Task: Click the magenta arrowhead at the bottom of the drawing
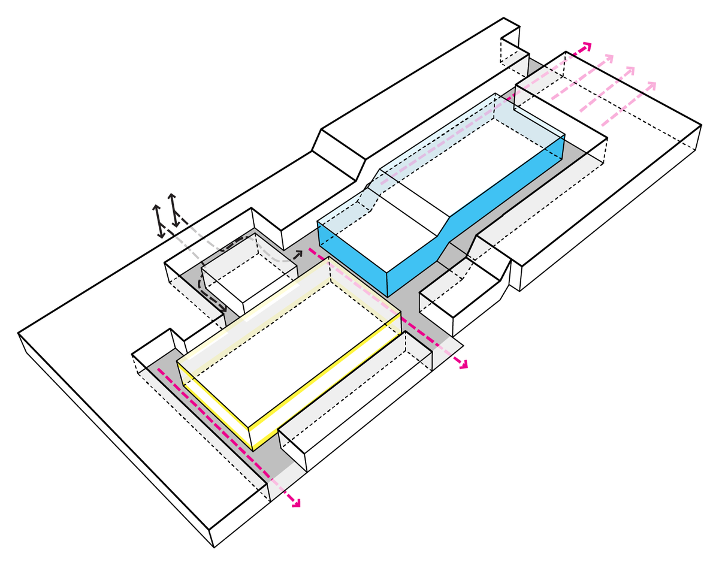point(295,504)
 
